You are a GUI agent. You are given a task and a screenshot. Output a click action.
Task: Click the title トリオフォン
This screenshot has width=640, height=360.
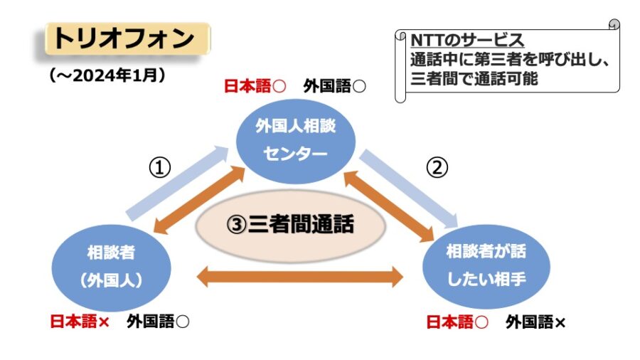124,38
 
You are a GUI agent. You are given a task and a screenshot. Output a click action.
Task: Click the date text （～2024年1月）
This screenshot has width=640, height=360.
107,75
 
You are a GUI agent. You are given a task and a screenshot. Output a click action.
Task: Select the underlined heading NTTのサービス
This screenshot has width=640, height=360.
467,41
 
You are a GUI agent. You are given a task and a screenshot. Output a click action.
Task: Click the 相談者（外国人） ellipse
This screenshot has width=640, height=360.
111,268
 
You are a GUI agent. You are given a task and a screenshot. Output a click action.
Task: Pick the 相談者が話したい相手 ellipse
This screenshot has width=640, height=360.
486,267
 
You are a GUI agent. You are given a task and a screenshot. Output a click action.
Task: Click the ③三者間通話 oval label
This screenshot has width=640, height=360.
291,226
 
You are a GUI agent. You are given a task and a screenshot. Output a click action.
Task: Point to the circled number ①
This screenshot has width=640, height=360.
159,168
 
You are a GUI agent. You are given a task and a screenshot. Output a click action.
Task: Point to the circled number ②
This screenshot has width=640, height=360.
437,167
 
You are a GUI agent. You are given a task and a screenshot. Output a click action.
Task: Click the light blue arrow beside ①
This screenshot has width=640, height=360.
177,184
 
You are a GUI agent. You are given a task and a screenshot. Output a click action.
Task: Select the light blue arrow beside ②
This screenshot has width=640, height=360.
409,189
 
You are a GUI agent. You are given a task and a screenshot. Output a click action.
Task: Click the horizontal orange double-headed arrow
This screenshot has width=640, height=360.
300,277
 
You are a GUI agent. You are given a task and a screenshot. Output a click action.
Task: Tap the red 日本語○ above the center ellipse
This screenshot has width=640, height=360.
255,87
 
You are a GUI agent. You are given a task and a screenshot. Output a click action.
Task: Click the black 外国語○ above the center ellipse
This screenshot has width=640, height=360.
334,87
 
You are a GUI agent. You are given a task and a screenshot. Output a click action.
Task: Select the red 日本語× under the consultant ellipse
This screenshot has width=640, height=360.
80,322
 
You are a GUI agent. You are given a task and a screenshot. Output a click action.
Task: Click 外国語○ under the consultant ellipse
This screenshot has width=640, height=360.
158,322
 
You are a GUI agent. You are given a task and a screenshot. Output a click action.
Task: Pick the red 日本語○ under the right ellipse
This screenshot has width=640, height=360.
457,322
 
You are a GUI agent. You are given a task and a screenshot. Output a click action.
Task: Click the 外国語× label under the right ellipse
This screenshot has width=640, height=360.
535,322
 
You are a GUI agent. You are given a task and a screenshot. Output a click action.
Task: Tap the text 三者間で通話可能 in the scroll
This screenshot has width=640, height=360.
474,78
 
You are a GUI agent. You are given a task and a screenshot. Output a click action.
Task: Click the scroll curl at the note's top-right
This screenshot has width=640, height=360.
614,24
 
